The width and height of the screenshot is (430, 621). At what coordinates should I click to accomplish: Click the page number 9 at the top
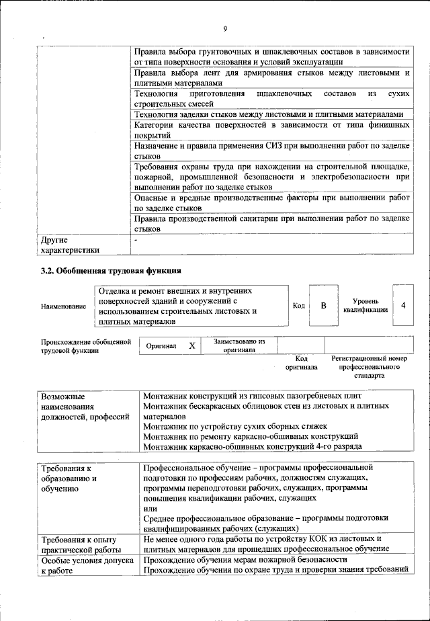[x=225, y=28]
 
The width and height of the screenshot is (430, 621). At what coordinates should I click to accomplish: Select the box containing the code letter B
[x=323, y=306]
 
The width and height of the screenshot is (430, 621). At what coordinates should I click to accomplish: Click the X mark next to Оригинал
[x=191, y=345]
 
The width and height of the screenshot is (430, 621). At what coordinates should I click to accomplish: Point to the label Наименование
[x=63, y=306]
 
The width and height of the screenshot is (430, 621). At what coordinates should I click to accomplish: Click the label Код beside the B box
[x=299, y=306]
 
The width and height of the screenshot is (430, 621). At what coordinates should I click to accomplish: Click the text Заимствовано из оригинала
[x=239, y=345]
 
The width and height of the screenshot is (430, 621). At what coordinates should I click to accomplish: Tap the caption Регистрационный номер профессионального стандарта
[x=370, y=368]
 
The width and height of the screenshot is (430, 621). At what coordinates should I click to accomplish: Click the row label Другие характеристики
[x=70, y=244]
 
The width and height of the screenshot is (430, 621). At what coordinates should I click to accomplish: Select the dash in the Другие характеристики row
[x=136, y=239]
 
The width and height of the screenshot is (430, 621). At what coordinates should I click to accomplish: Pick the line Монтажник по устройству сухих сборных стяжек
[x=235, y=426]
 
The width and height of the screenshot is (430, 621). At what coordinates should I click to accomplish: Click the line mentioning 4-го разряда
[x=253, y=446]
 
